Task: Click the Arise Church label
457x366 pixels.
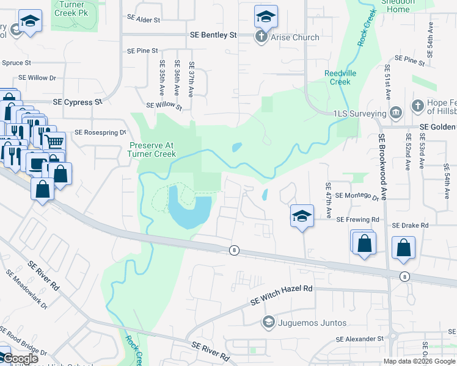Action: [296, 37]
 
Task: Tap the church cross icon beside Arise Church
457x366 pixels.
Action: [260, 37]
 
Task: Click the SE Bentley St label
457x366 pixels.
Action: [213, 35]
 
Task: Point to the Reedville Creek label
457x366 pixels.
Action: [337, 77]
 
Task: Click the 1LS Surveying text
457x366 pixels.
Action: [360, 113]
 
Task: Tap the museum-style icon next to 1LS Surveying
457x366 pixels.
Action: [395, 113]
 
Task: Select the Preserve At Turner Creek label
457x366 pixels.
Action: [153, 149]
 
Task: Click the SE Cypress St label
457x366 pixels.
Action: [78, 102]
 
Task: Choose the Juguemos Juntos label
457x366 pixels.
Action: [312, 323]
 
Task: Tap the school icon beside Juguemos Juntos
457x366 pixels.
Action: [268, 322]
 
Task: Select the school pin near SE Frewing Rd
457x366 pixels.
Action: [302, 217]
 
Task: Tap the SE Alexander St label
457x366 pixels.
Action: [359, 339]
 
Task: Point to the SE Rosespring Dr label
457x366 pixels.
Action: [100, 132]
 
